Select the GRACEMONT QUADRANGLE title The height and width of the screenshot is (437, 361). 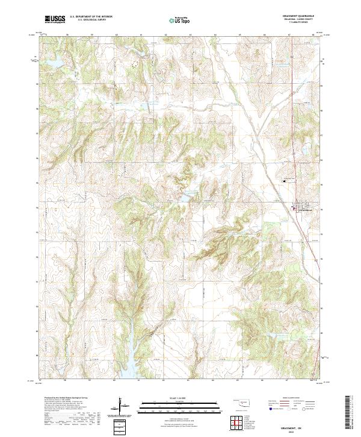pyautogui.click(x=298, y=15)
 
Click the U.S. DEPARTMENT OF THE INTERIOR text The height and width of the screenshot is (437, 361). pyautogui.click(x=91, y=17)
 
